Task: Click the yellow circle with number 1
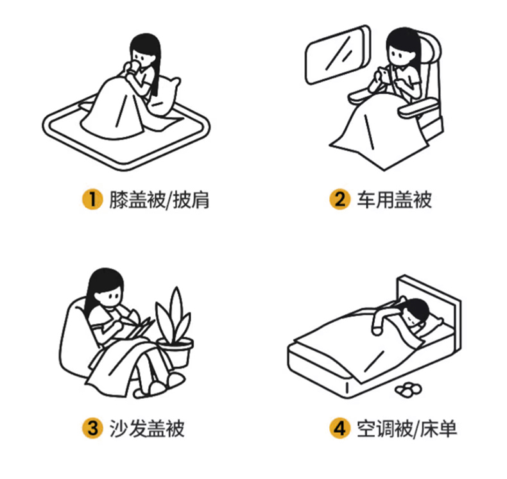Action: tap(92, 199)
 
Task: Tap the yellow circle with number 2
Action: tap(340, 199)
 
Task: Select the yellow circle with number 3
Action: tap(92, 428)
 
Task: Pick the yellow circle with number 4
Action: tap(340, 428)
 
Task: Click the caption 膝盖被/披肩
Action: tap(159, 200)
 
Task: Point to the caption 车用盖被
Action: tap(394, 199)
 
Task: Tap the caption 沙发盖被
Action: tap(147, 428)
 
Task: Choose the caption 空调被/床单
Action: tap(407, 428)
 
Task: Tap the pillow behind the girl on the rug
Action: tap(166, 97)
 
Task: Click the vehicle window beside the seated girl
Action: tap(338, 55)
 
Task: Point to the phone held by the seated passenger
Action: tap(384, 76)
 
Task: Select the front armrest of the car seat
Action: tap(418, 108)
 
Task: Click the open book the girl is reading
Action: tap(136, 326)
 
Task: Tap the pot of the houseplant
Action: tap(177, 353)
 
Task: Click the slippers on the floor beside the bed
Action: tap(409, 389)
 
